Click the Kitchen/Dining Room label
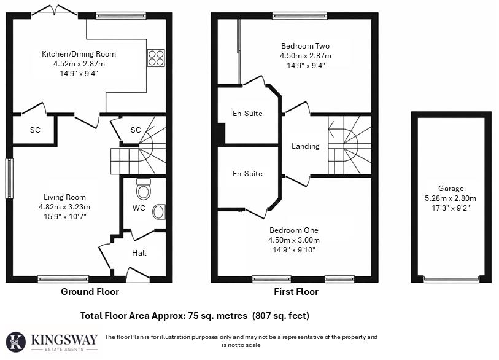click(79, 54)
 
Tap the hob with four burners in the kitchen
click(155, 58)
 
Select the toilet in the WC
click(144, 189)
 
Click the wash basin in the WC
click(158, 212)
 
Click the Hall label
click(139, 252)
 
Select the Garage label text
click(451, 189)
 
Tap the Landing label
click(305, 146)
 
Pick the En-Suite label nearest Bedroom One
click(247, 174)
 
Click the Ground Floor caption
click(90, 292)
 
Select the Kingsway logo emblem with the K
click(17, 342)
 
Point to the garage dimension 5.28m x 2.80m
click(451, 198)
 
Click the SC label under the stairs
click(136, 130)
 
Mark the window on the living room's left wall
click(9, 179)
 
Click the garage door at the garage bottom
click(451, 281)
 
